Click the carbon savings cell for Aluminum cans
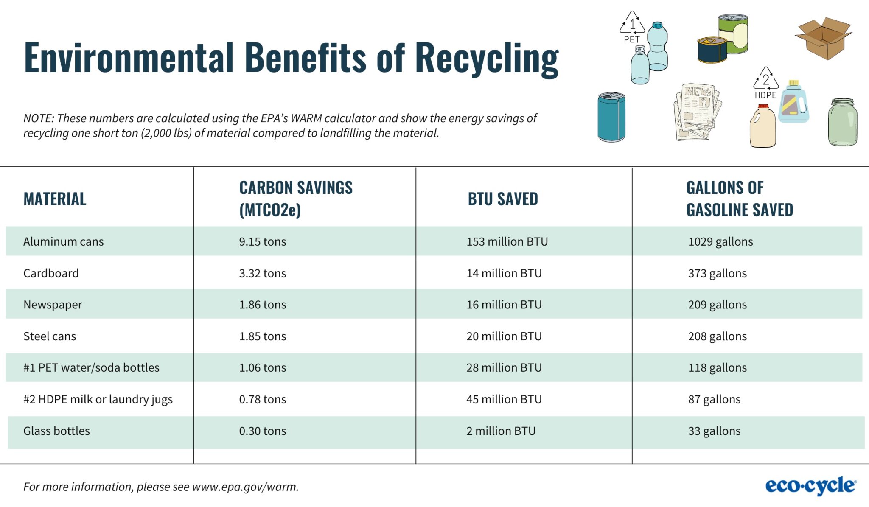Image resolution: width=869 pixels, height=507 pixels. point(262,241)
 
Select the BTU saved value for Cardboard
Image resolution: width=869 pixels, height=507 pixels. point(504,273)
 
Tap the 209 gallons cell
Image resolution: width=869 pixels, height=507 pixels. point(717,305)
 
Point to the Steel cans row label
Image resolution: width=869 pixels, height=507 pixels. point(50,336)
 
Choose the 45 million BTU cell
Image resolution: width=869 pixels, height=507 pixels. point(504,399)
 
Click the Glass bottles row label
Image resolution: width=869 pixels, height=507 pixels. point(56,431)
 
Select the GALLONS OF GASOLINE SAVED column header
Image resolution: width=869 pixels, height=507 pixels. point(739,199)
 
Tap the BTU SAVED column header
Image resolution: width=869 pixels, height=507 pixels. point(502,199)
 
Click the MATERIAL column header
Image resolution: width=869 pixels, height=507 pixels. point(55,199)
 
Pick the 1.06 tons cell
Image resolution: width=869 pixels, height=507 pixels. point(262,368)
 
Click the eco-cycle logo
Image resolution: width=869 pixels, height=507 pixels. point(810,486)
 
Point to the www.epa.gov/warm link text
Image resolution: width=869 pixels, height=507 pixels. point(245,487)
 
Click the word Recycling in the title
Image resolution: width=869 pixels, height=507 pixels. point(486,58)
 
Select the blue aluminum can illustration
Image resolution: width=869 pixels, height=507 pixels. point(611,117)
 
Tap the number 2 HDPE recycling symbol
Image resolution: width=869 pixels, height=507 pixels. point(765,79)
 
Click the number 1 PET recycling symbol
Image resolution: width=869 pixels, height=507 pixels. point(632,24)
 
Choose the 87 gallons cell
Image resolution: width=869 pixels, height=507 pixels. point(714,399)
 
